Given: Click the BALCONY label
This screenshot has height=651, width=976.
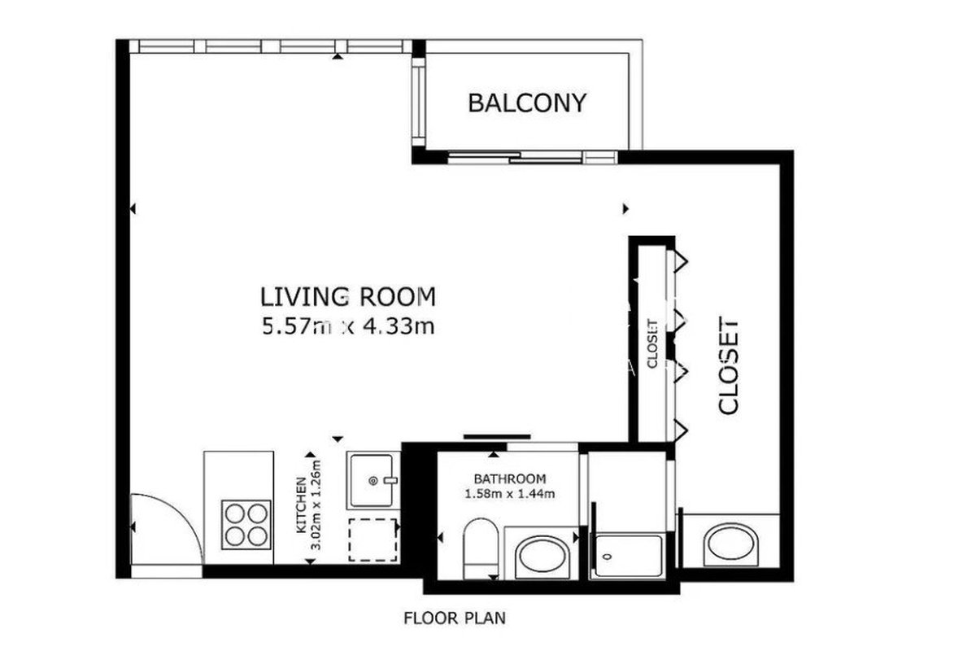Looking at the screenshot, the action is tap(527, 103).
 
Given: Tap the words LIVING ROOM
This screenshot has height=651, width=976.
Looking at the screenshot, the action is tap(348, 297).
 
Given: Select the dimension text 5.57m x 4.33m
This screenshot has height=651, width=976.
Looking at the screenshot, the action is tap(348, 326).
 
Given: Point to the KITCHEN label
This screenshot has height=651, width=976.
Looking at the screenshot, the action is tap(301, 505).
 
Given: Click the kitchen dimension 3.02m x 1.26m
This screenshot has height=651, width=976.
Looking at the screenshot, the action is tap(316, 505).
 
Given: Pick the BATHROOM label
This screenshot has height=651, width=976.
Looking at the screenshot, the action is tap(510, 479).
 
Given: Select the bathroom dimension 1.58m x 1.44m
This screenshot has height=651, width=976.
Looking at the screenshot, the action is tap(510, 494).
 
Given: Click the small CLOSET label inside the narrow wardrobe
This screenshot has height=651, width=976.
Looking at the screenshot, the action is tap(652, 344).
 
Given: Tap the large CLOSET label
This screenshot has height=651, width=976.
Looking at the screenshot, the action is tap(728, 365).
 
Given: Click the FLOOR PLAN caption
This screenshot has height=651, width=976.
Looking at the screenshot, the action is tap(455, 618).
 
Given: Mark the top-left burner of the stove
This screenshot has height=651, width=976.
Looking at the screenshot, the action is tap(235, 514).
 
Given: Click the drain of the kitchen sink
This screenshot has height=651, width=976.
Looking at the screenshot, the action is tap(373, 481).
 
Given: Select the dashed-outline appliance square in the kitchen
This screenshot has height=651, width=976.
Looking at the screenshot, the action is tap(373, 540).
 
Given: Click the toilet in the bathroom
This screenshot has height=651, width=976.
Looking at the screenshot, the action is tap(481, 548).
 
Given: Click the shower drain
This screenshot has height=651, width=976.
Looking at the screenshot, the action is tap(608, 557).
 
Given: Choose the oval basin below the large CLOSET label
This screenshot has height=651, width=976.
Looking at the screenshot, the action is tap(730, 544).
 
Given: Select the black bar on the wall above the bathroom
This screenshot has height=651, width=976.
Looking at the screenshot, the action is tap(497, 436).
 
